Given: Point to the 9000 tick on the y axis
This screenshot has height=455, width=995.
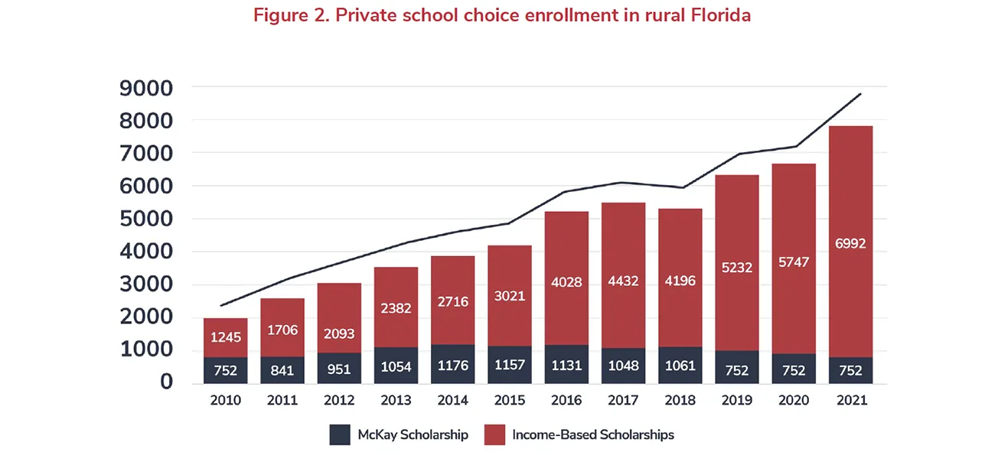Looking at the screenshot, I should pyautogui.click(x=145, y=88).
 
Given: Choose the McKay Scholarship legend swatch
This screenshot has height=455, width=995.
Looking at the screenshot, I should pyautogui.click(x=340, y=435).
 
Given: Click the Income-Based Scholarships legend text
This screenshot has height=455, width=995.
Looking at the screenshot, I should pyautogui.click(x=593, y=435).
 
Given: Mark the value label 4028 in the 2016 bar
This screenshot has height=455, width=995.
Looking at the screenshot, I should pyautogui.click(x=566, y=281).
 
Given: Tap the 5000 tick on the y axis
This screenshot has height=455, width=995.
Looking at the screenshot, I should pyautogui.click(x=145, y=219).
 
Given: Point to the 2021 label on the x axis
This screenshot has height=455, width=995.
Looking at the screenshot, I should pyautogui.click(x=851, y=401).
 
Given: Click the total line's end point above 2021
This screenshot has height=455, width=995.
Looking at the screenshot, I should pyautogui.click(x=861, y=94).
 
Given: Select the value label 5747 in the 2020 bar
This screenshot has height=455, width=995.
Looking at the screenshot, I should pyautogui.click(x=794, y=262).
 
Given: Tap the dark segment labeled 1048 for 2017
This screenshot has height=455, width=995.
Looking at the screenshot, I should pyautogui.click(x=623, y=366).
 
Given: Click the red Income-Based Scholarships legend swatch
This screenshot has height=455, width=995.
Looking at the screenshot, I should pyautogui.click(x=494, y=435).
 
